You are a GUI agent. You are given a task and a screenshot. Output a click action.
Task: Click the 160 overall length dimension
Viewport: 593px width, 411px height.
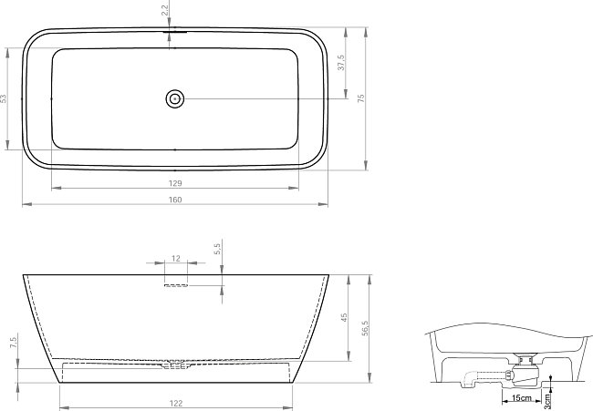(x=175, y=200)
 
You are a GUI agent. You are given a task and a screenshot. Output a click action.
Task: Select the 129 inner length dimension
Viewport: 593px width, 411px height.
(x=175, y=183)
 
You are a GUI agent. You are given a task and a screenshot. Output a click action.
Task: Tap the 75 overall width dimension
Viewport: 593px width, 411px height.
(x=360, y=98)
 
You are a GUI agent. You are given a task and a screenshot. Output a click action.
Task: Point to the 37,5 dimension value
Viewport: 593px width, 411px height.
(x=341, y=62)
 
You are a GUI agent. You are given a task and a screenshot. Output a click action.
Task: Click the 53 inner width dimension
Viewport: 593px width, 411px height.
(x=4, y=98)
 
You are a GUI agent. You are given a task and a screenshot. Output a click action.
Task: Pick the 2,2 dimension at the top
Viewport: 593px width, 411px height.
(x=164, y=8)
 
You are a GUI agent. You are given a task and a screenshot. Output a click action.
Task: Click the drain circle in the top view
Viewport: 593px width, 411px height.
(x=175, y=99)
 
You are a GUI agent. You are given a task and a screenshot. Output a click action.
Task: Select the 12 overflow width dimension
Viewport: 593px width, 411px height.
(x=176, y=259)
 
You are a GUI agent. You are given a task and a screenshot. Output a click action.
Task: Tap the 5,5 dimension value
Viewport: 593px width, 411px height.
(x=217, y=249)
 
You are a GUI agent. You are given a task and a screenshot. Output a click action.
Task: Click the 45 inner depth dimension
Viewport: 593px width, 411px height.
(x=344, y=317)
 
